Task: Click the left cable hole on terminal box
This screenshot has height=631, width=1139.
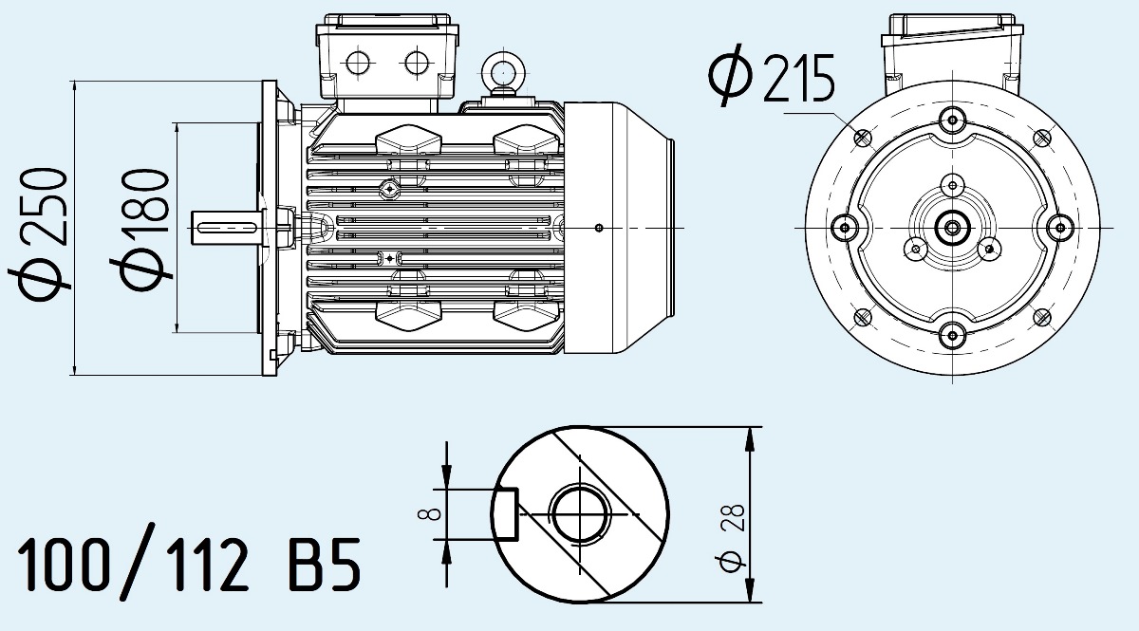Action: [360, 64]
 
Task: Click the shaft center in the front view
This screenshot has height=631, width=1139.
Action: [952, 227]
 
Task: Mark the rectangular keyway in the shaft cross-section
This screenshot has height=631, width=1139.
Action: [505, 514]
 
